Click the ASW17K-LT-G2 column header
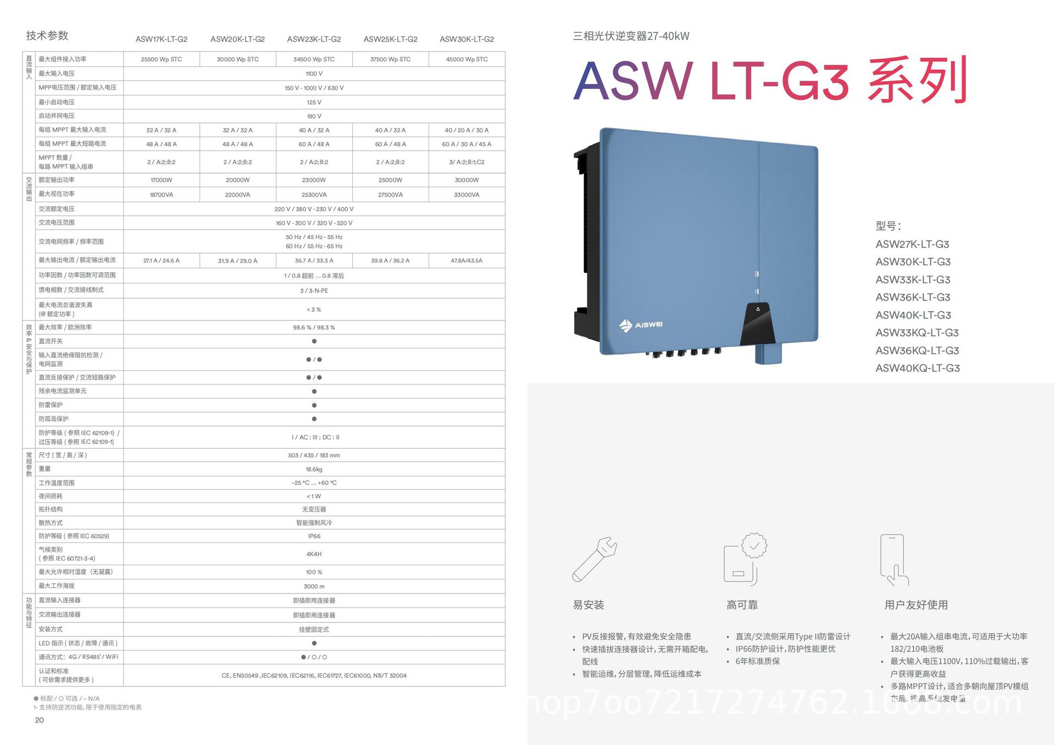pos(162,40)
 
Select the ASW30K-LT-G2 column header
pos(467,40)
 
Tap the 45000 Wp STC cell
pos(467,59)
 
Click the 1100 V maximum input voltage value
pos(314,74)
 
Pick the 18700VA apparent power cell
pos(162,195)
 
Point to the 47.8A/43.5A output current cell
pos(467,261)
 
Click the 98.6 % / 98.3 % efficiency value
pos(314,328)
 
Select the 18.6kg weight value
pos(314,469)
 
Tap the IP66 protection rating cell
pos(314,536)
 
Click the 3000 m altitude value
pos(314,586)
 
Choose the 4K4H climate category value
pos(314,554)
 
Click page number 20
pos(40,720)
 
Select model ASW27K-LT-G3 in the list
pos(912,244)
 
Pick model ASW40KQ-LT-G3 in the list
pos(917,368)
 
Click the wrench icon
pos(595,559)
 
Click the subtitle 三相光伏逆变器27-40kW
pos(631,36)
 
